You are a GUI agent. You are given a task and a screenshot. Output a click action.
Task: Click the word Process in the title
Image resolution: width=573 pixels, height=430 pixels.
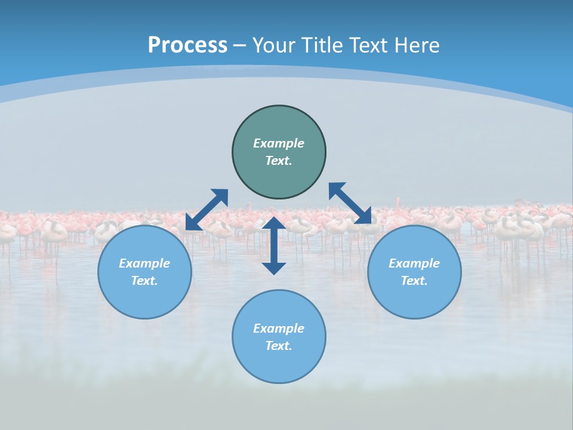tap(187, 45)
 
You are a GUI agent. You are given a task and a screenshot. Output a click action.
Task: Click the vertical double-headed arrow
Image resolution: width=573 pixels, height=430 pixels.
tap(274, 245)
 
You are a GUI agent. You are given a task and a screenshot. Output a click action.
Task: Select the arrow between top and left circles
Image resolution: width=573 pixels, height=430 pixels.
tap(207, 210)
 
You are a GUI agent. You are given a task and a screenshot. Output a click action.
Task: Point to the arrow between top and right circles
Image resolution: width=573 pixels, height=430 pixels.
tap(350, 203)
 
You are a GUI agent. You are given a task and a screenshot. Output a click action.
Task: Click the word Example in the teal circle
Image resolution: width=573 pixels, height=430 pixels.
tap(279, 143)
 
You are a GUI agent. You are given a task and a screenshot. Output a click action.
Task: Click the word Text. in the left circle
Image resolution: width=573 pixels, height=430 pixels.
tap(144, 281)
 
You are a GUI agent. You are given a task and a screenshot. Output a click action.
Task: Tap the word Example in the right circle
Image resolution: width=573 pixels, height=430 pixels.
tap(414, 263)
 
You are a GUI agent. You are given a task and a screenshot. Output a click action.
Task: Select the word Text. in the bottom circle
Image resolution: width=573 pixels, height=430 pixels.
tap(279, 346)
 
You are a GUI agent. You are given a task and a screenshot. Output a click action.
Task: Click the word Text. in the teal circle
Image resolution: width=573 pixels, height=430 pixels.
tap(279, 161)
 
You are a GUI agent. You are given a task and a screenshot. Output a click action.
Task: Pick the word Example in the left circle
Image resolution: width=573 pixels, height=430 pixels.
tap(144, 263)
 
